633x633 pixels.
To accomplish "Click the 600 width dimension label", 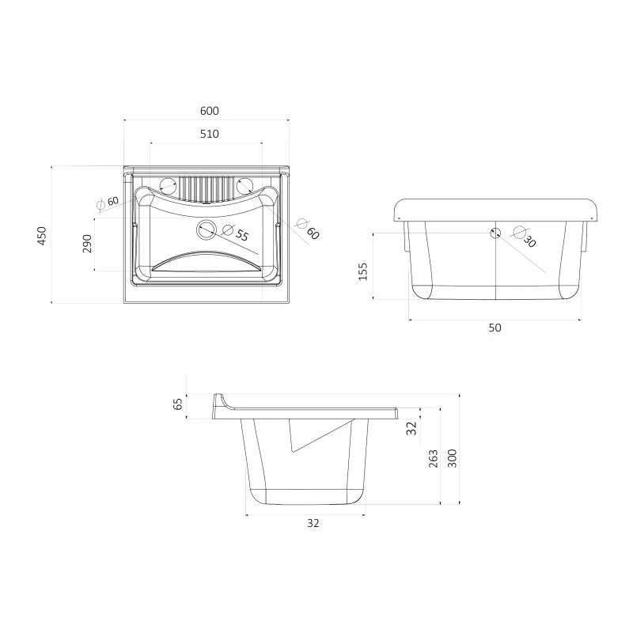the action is tap(210, 111).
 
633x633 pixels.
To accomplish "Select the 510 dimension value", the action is tap(210, 134).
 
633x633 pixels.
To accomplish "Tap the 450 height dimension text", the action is tap(42, 235).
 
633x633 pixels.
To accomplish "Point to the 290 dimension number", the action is tap(87, 244).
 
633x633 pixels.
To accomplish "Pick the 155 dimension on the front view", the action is tap(363, 271).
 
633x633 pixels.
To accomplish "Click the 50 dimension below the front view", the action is tap(495, 328).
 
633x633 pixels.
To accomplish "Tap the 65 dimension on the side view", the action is tap(178, 404).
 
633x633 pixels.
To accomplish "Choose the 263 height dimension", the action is tap(433, 459).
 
